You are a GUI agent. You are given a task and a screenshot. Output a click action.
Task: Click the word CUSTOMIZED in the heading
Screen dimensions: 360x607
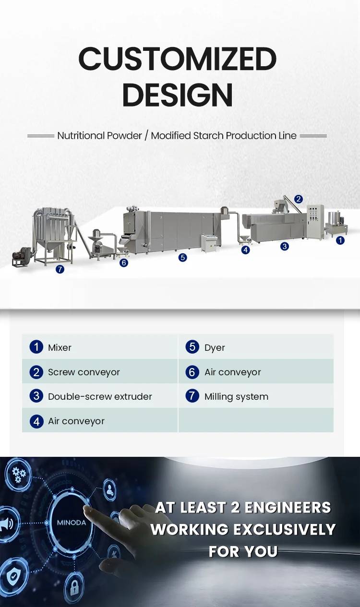(178, 60)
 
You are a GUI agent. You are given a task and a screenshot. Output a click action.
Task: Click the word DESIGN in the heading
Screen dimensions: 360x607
(178, 95)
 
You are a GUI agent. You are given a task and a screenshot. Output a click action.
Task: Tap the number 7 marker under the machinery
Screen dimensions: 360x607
(60, 269)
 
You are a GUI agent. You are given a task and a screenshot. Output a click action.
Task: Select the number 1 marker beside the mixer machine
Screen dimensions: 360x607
(340, 240)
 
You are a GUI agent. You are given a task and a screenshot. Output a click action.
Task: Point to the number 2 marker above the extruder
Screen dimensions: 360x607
(299, 199)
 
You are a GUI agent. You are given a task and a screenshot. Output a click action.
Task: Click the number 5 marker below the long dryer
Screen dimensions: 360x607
(182, 258)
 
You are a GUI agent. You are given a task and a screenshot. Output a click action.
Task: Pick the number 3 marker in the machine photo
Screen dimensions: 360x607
(285, 246)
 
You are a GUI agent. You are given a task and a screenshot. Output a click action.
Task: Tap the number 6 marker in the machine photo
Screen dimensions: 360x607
(124, 262)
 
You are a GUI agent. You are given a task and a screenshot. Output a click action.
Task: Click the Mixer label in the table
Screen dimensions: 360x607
(60, 347)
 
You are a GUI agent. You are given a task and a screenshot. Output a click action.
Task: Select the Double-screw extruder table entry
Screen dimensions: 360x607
(100, 396)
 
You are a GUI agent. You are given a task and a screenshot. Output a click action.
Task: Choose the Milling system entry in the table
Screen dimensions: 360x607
(236, 396)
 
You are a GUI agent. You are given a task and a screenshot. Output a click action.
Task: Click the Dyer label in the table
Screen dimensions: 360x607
(215, 347)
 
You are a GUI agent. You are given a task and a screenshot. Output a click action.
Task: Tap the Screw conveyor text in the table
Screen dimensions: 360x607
(84, 372)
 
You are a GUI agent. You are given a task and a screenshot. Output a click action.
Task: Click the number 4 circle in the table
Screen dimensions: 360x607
(36, 421)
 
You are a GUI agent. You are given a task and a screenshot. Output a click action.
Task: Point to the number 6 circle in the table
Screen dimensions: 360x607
(192, 372)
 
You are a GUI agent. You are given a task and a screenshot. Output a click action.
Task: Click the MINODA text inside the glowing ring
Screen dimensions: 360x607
(72, 522)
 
